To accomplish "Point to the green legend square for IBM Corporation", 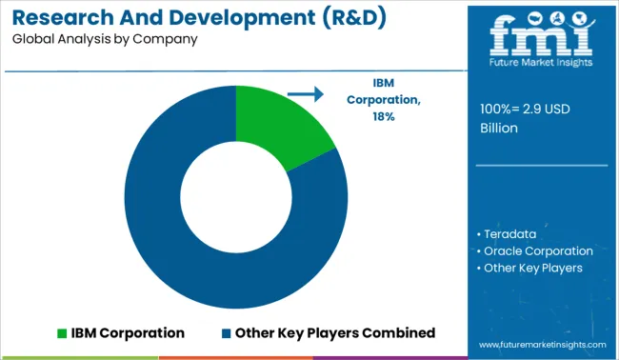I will pyautogui.click(x=63, y=333).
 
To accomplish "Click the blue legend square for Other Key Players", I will pyautogui.click(x=227, y=333).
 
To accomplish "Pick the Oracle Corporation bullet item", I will pyautogui.click(x=538, y=250).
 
